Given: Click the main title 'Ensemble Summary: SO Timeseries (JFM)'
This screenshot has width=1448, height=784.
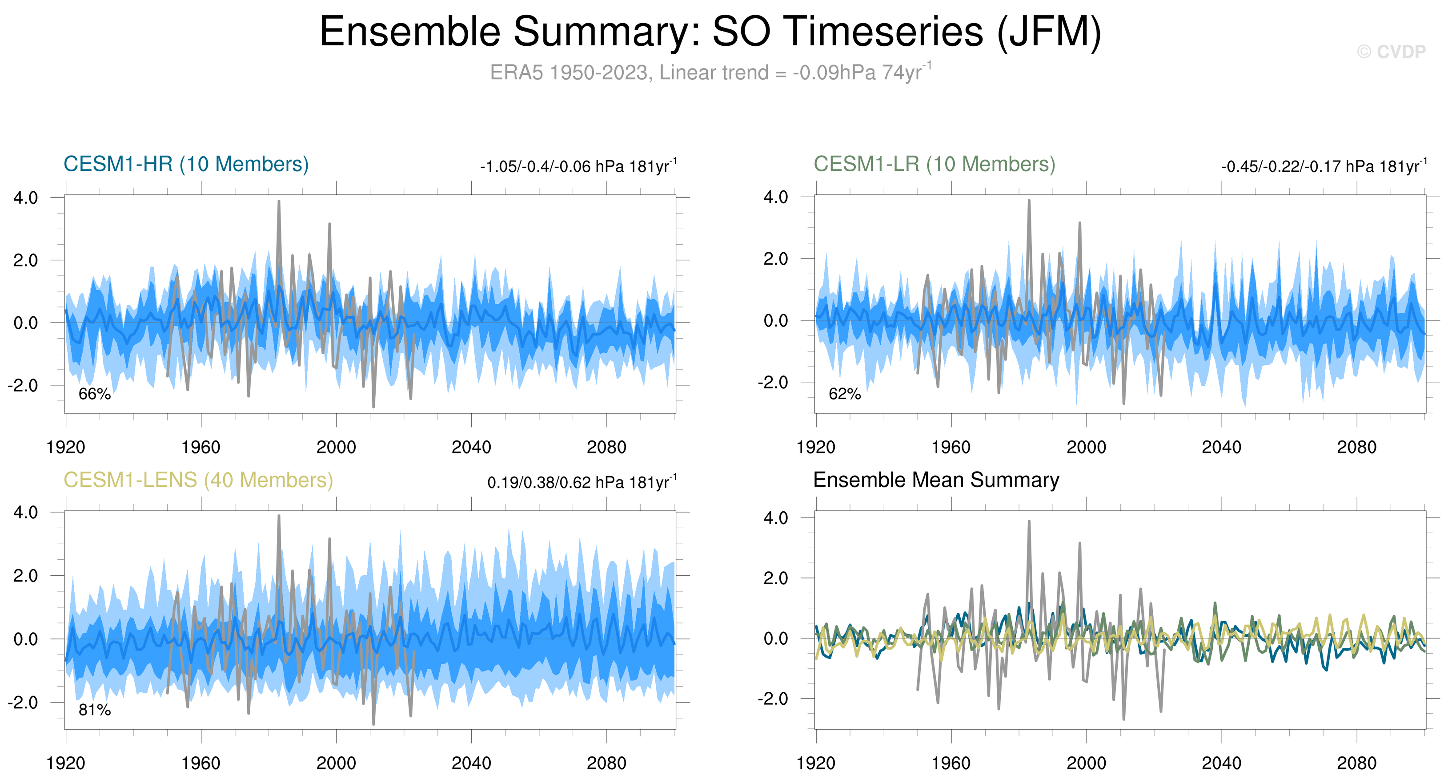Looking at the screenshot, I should coord(710,32).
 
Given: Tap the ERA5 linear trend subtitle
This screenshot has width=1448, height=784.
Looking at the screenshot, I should coord(710,73).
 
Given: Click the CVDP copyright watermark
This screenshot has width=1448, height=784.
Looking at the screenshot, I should coord(1391,52).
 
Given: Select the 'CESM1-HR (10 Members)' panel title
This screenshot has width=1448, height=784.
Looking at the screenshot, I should coord(186,164).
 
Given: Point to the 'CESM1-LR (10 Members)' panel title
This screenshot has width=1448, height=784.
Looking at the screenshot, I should coord(934,164).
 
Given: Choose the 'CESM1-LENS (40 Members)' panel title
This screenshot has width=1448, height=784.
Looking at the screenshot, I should coord(198,480).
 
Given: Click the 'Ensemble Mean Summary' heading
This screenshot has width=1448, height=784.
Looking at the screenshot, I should coord(936,480).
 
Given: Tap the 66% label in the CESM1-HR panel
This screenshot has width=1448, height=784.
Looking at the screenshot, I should coord(94,394).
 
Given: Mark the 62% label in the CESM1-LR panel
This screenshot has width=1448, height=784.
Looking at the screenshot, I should coord(844,394).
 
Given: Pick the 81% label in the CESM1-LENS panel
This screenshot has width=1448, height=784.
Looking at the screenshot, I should coord(94,710).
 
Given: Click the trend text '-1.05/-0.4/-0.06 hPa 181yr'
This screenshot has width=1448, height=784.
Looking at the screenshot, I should coord(578,166).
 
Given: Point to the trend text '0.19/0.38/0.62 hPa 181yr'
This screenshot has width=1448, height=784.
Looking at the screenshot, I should coord(581,483).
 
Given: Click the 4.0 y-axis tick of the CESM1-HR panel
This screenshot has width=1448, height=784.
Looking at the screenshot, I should coord(26,198).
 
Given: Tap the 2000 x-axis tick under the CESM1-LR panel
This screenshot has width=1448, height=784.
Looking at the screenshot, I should coord(1086,447).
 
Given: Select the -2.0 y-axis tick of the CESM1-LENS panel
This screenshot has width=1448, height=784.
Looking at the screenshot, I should coord(23,703).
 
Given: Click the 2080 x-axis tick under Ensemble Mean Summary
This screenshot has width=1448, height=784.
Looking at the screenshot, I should coord(1356,763).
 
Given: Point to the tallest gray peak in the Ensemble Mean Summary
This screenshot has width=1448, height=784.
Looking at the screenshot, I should coord(1029,522).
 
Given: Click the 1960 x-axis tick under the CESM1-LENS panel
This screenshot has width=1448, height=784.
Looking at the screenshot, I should coord(201,763).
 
